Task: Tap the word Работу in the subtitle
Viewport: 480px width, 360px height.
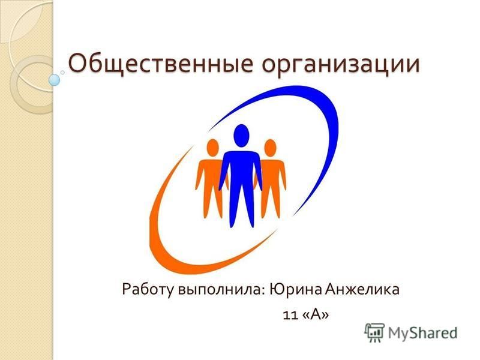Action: [148, 289]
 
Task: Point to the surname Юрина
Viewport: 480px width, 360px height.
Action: [296, 289]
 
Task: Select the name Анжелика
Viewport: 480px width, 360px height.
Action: [362, 289]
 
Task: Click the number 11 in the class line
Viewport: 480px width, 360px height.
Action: [290, 316]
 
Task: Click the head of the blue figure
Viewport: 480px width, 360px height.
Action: [242, 136]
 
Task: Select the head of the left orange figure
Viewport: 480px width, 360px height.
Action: [213, 148]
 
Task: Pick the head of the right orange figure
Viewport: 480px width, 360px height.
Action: [270, 148]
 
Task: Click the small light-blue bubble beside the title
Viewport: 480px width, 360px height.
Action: [55, 80]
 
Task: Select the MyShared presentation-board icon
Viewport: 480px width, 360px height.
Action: [374, 332]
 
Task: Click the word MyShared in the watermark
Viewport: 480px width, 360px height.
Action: [422, 333]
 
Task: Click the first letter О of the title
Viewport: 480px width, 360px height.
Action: [77, 63]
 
